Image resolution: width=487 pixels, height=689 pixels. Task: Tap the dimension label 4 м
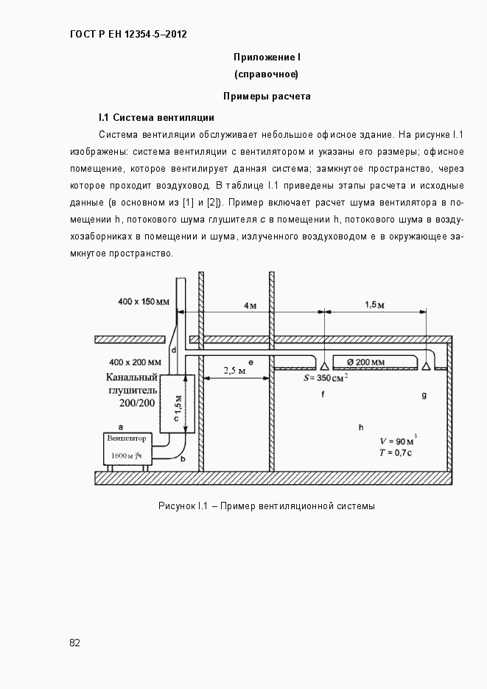click(x=250, y=305)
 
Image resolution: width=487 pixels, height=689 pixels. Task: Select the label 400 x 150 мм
click(x=143, y=301)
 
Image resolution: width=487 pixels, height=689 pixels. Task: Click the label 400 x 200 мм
click(x=135, y=362)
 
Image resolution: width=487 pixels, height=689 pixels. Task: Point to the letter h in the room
click(x=361, y=427)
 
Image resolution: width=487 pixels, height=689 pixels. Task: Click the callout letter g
click(x=424, y=395)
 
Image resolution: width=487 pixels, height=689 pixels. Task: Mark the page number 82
click(x=75, y=643)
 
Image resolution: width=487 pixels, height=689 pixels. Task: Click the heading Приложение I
click(x=266, y=57)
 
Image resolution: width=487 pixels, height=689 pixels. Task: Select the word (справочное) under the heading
click(x=266, y=74)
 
